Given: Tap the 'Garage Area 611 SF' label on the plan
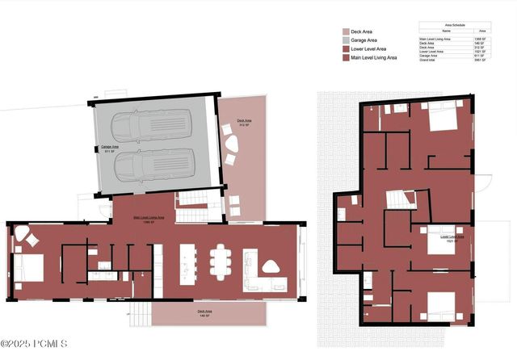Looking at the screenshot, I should pyautogui.click(x=110, y=149).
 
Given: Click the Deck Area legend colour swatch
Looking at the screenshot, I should pyautogui.click(x=346, y=32).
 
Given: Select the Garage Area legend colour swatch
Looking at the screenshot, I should pyautogui.click(x=346, y=40).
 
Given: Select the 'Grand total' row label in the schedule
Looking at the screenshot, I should pyautogui.click(x=429, y=60).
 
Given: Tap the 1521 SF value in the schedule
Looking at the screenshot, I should pyautogui.click(x=478, y=51).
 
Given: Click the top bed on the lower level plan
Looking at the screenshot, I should pyautogui.click(x=440, y=117).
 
